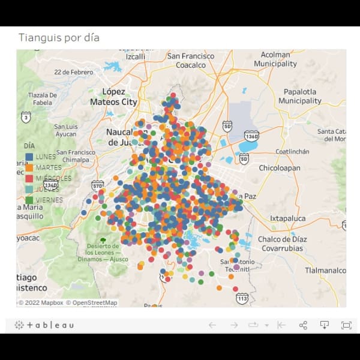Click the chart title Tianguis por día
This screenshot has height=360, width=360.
coord(59,38)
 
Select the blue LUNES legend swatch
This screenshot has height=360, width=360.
coord(29,157)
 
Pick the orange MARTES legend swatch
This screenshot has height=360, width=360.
coord(29,167)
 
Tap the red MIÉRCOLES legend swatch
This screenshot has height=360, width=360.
coord(29,178)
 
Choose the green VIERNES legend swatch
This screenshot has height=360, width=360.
coord(29,200)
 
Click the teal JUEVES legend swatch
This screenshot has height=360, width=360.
coord(29,189)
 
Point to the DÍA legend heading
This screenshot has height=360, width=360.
coord(29,146)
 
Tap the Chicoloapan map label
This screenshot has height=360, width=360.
coord(279,169)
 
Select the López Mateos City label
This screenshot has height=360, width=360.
coord(113,97)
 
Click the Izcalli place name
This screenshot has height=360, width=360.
coord(135,56)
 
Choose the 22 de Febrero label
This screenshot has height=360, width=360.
coord(73,71)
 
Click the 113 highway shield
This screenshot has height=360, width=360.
coord(242,298)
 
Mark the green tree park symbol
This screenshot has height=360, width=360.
coord(103,241)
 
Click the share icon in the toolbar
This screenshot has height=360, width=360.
coord(303,325)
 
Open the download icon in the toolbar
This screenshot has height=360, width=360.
coord(324,325)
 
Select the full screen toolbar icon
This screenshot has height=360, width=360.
coord(346,325)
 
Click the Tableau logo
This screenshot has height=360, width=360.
coord(44,325)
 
